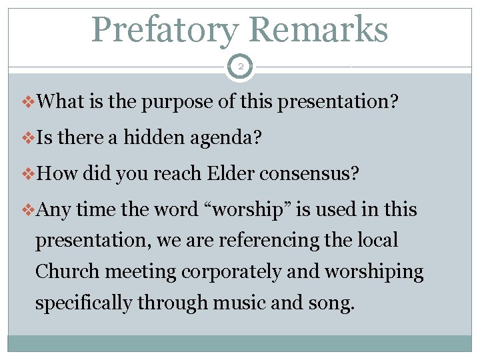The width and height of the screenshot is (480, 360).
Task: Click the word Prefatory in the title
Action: click(165, 30)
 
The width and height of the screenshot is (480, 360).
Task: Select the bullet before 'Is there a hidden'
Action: click(31, 139)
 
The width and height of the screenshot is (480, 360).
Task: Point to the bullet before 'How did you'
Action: click(31, 175)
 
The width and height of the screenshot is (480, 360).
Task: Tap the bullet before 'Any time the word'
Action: click(31, 210)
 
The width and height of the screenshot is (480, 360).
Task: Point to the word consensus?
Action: click(313, 175)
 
